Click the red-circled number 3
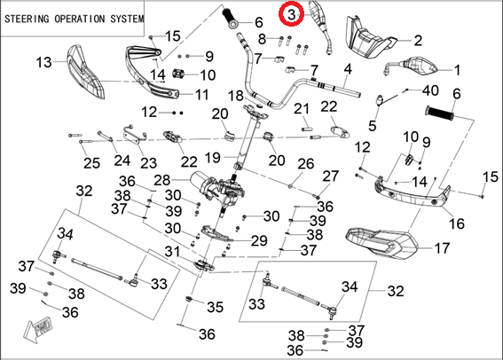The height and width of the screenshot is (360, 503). pos(291,14)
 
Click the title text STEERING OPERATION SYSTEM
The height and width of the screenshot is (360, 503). pos(75,19)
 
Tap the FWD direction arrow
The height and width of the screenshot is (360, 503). pos(37,330)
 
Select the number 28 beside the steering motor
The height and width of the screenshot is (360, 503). pos(162,180)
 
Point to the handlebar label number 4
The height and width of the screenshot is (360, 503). pos(348,69)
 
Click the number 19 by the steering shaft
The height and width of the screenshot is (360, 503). pos(212,158)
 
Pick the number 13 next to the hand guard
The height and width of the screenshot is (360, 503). pos(43,62)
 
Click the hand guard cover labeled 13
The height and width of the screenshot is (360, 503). pos(85,72)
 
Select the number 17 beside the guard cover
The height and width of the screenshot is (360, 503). pos(442,248)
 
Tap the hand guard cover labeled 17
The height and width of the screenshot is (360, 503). pos(381,243)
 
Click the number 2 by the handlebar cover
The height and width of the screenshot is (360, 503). pos(418,41)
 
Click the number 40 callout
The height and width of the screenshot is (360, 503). pos(430,90)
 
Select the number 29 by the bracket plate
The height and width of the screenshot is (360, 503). pos(259,241)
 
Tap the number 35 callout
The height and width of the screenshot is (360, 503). pos(215,307)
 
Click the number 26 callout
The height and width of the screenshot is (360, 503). pos(306,164)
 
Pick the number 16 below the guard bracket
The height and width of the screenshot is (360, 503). pos(457,223)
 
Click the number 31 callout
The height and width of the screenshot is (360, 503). pos(173,251)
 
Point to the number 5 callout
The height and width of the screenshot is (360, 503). pos(372,125)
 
